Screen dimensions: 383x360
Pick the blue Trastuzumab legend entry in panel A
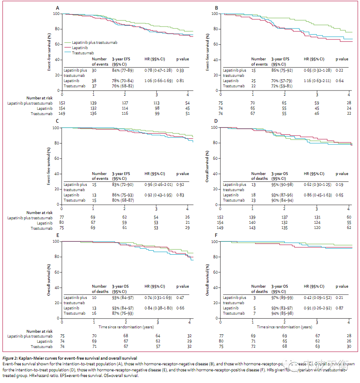click(83, 53)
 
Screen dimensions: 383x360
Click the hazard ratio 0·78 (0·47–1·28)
click(159, 70)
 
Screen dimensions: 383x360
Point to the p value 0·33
click(180, 70)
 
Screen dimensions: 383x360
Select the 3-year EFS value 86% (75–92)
click(284, 70)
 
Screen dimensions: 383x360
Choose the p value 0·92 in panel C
click(180, 185)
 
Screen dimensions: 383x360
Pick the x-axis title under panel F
click(285, 327)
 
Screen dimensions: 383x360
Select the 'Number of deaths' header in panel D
click(259, 176)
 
